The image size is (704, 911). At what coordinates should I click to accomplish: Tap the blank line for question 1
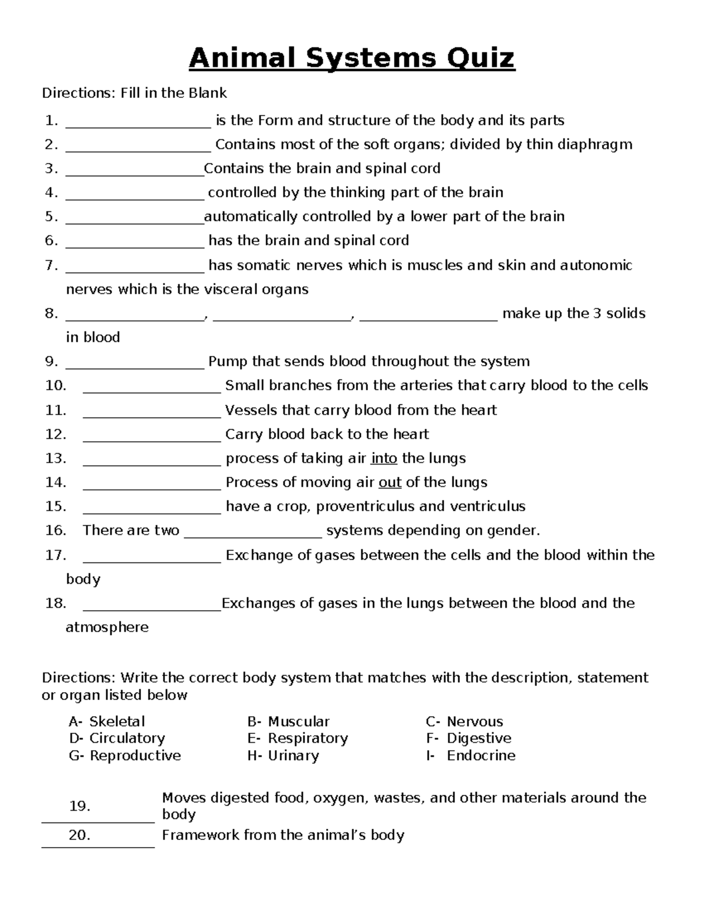coord(138,122)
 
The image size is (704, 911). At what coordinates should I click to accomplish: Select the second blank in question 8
coord(282,315)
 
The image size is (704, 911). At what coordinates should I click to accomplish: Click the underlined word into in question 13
coord(384,458)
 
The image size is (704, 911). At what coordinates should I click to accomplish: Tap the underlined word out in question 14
coord(390,482)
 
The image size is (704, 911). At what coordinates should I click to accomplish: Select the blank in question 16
coord(253,532)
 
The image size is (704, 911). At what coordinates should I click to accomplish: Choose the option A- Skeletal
coord(106,722)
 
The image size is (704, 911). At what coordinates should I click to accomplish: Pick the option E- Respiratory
coord(297,738)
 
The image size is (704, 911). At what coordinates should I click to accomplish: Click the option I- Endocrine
coord(471,756)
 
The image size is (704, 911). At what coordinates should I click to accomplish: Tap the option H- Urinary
coord(283,756)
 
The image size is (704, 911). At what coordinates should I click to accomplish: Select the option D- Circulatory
coord(117,738)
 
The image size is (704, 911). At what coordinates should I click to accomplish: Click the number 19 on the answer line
coord(79,807)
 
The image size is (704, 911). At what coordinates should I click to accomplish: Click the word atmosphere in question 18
coord(107,627)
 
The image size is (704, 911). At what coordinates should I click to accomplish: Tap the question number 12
coord(55,434)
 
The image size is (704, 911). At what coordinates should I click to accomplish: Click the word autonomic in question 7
coord(596,265)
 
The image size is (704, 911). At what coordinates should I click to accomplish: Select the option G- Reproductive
coord(124,756)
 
